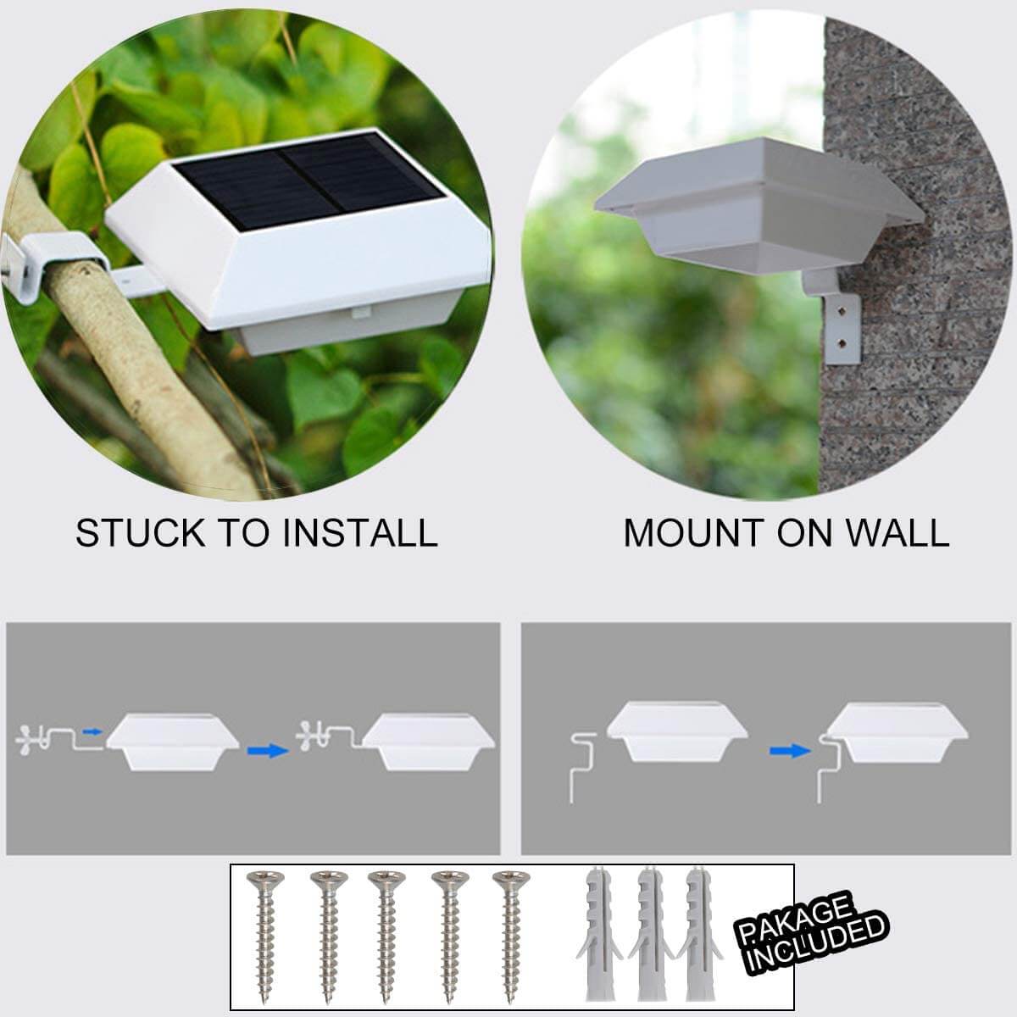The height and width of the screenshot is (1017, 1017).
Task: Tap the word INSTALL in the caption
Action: [x=360, y=533]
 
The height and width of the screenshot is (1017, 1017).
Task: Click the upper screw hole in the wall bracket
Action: [x=842, y=310]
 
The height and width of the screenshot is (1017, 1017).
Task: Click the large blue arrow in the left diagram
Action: [x=267, y=749]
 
